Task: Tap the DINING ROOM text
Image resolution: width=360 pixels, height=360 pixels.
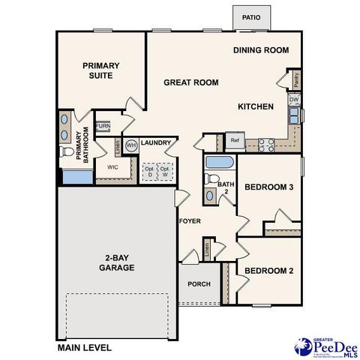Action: pyautogui.click(x=260, y=50)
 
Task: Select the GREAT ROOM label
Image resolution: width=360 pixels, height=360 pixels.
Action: pyautogui.click(x=191, y=82)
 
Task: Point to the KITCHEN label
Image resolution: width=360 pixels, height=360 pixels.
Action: pyautogui.click(x=256, y=106)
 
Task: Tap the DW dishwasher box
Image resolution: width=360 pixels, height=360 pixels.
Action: pyautogui.click(x=295, y=100)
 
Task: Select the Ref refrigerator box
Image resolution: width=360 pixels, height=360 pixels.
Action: pyautogui.click(x=235, y=140)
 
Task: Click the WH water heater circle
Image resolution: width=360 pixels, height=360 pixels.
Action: pyautogui.click(x=130, y=145)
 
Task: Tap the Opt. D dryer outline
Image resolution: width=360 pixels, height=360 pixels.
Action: pyautogui.click(x=148, y=172)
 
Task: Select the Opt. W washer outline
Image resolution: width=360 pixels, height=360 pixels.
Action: pyautogui.click(x=165, y=172)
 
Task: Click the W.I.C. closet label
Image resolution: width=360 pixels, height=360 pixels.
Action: pyautogui.click(x=113, y=167)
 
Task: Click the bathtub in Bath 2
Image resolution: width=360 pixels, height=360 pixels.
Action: pyautogui.click(x=220, y=163)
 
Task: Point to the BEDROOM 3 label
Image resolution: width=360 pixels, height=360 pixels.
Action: pyautogui.click(x=268, y=187)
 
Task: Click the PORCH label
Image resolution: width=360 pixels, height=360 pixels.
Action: pyautogui.click(x=199, y=284)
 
